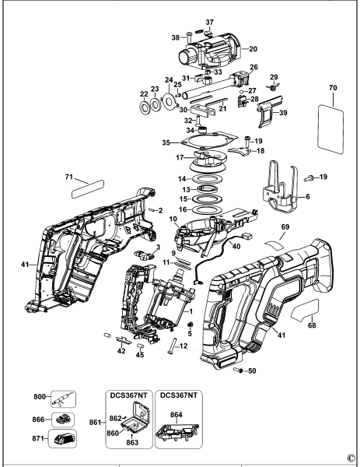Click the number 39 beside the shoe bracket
point(283,113)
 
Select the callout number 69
point(285,226)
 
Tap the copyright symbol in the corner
point(351,458)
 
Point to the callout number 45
point(140,356)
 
